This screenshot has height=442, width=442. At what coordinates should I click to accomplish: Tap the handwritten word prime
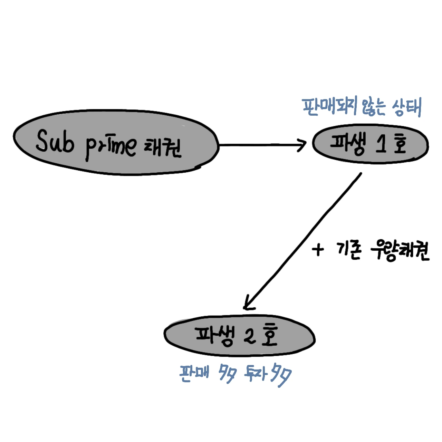pos(110,147)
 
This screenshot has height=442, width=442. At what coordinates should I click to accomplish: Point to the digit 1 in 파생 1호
pos(381,144)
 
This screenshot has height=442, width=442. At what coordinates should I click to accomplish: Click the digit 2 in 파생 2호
pos(249,335)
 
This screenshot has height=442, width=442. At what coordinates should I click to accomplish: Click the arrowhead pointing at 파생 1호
pos(302,145)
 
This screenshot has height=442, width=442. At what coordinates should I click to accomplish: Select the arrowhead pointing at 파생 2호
pos(248,304)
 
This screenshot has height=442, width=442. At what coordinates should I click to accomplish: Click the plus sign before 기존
pos(318,249)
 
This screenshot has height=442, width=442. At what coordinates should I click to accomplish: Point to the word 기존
pos(349,250)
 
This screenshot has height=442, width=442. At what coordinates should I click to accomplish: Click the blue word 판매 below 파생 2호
pos(194,373)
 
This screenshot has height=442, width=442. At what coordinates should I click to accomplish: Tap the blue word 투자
pos(255,373)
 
